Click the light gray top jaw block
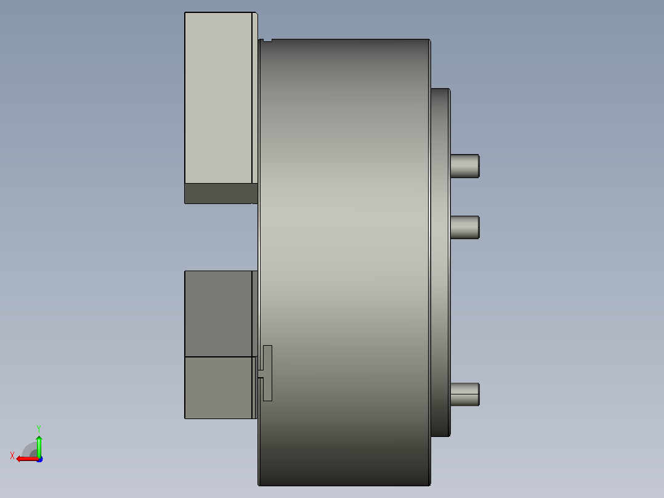pyautogui.click(x=219, y=98)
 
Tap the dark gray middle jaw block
pyautogui.click(x=219, y=314)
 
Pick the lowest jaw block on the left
pyautogui.click(x=219, y=388)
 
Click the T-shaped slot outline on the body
pyautogui.click(x=267, y=373)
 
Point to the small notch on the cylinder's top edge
pyautogui.click(x=267, y=40)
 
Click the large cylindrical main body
pyautogui.click(x=344, y=263)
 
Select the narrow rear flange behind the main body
pyautogui.click(x=440, y=263)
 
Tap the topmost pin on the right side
pyautogui.click(x=465, y=166)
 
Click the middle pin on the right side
pyautogui.click(x=465, y=227)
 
